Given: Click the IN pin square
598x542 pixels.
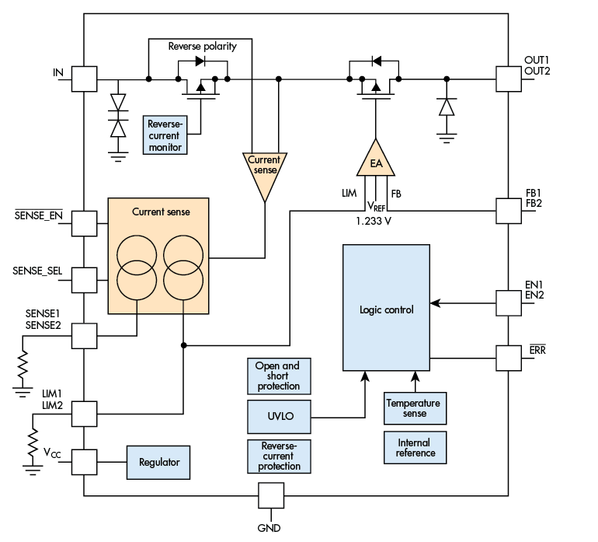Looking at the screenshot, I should pyautogui.click(x=83, y=79).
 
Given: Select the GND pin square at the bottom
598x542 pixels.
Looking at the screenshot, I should pyautogui.click(x=271, y=495).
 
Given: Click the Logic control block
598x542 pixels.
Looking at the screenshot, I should pyautogui.click(x=386, y=309).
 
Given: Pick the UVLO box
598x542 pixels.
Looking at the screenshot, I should pyautogui.click(x=278, y=417).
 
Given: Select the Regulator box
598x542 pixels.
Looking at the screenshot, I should pyautogui.click(x=158, y=462).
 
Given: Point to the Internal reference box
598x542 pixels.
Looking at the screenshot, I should pyautogui.click(x=415, y=448).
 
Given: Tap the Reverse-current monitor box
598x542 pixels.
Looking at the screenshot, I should pyautogui.click(x=165, y=135).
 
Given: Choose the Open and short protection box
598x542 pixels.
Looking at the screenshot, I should pyautogui.click(x=278, y=376).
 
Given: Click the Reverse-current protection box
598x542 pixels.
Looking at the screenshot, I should pyautogui.click(x=278, y=456).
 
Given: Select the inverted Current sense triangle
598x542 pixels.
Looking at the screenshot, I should pyautogui.click(x=264, y=170).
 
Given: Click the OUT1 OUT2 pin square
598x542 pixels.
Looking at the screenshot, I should pyautogui.click(x=508, y=79).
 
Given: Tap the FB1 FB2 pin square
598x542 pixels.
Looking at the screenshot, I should pyautogui.click(x=508, y=210).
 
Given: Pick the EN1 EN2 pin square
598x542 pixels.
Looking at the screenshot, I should pyautogui.click(x=508, y=302).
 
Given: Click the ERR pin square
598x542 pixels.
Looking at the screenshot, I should pyautogui.click(x=508, y=358).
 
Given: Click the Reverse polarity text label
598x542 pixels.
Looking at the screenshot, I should pyautogui.click(x=202, y=46).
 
